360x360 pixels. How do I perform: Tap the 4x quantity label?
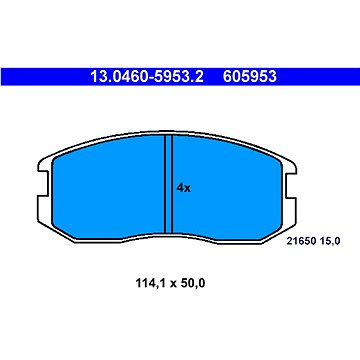click(x=183, y=187)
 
